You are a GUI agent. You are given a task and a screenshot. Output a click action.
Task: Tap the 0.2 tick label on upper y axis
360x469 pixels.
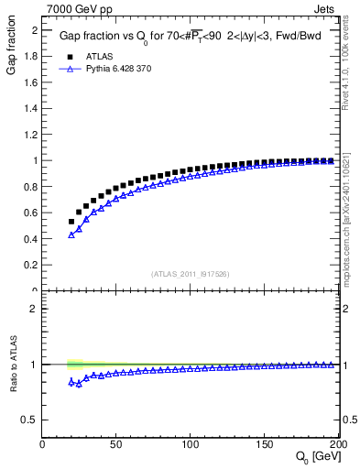coord(29,266)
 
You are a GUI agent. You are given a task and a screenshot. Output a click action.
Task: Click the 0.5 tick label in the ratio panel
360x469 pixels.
coord(29,420)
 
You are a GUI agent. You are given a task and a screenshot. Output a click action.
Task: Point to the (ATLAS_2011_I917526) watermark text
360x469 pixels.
coord(190,273)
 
